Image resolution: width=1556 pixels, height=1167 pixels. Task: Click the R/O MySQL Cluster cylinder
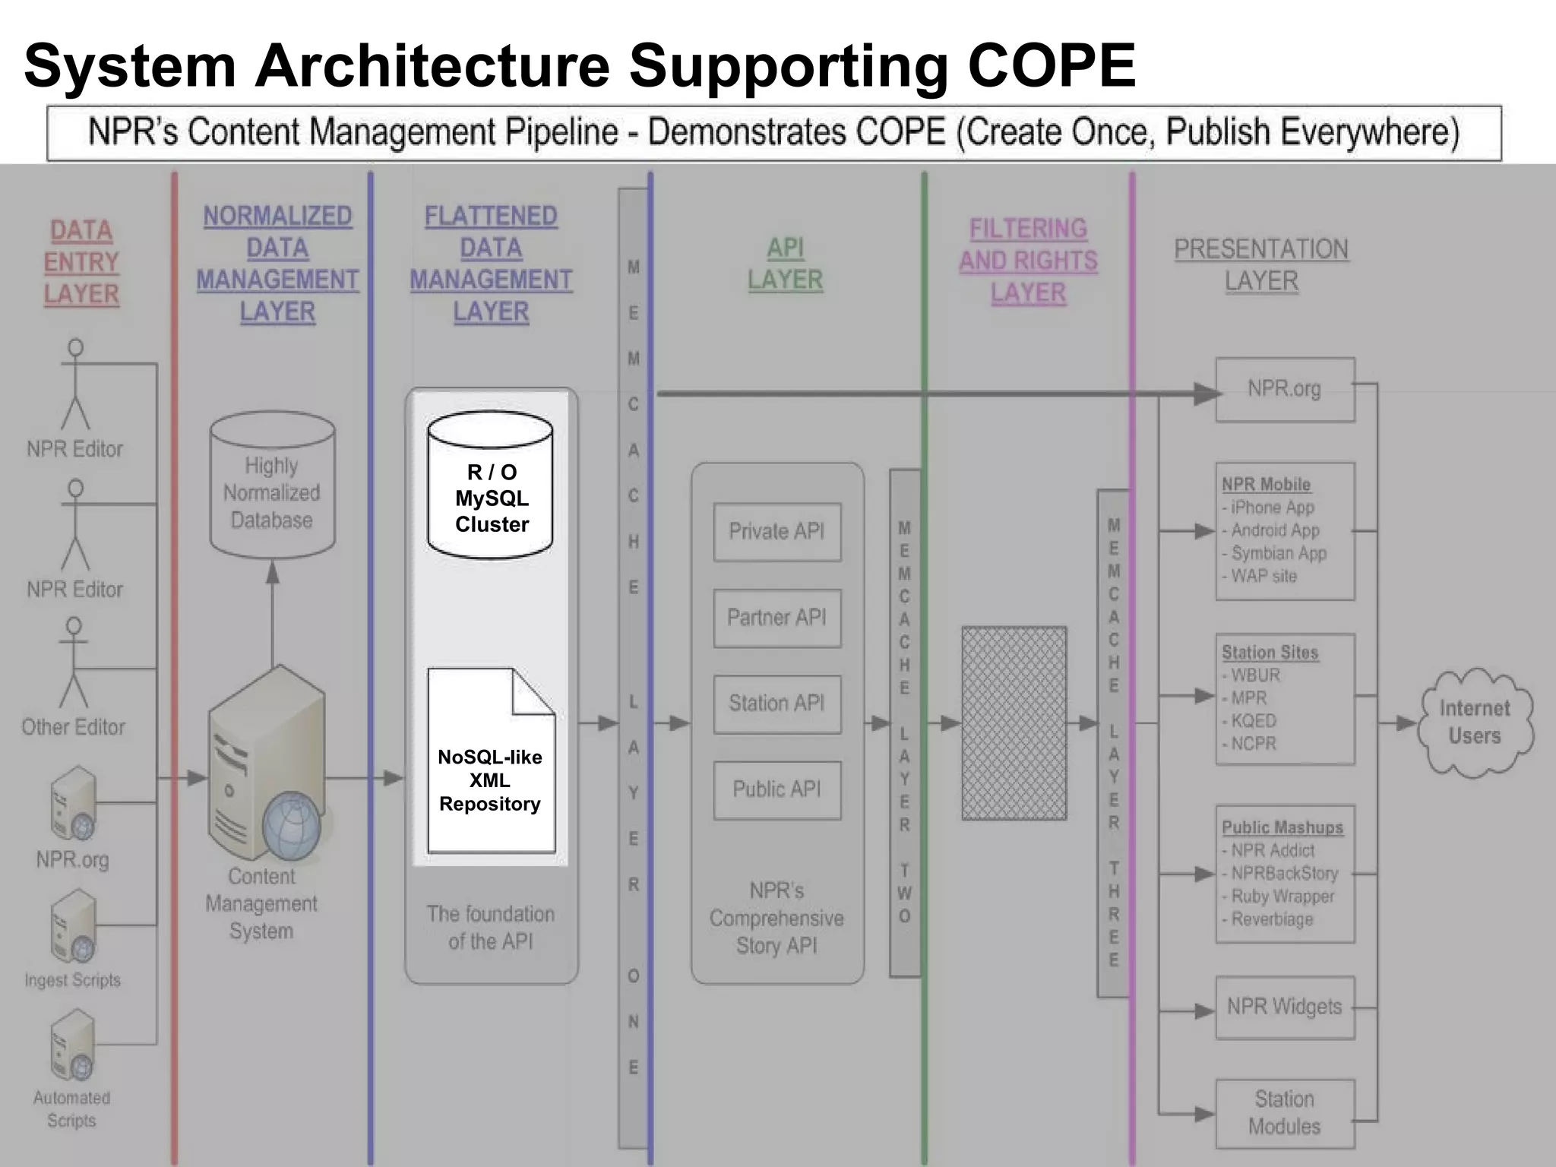(x=490, y=486)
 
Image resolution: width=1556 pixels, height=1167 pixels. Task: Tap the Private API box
(x=776, y=532)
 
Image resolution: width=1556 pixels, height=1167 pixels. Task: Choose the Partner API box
(x=776, y=618)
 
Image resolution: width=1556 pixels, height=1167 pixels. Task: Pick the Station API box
(x=776, y=704)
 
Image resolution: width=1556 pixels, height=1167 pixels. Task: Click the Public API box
(x=776, y=789)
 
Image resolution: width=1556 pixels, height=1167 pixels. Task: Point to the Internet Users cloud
(x=1475, y=723)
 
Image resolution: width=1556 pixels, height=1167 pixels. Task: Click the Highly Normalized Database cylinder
(x=272, y=486)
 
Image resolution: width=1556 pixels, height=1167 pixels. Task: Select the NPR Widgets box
(x=1285, y=1007)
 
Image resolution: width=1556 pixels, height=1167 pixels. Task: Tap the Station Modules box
(x=1285, y=1113)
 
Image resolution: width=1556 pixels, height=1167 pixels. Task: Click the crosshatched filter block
(x=1014, y=723)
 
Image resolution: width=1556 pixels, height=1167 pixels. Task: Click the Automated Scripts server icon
(x=72, y=1045)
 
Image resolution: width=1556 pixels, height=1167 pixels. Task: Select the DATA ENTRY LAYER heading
(x=81, y=262)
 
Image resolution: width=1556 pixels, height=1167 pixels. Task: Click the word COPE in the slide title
(x=1051, y=67)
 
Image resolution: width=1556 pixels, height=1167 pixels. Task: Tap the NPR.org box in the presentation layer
(x=1285, y=390)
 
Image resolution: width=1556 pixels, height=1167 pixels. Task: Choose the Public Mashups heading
(x=1282, y=827)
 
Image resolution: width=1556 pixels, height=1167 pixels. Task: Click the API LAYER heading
(x=785, y=264)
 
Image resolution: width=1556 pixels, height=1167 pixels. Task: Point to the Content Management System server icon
(x=266, y=767)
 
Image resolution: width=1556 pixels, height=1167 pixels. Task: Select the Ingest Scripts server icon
(x=73, y=927)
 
